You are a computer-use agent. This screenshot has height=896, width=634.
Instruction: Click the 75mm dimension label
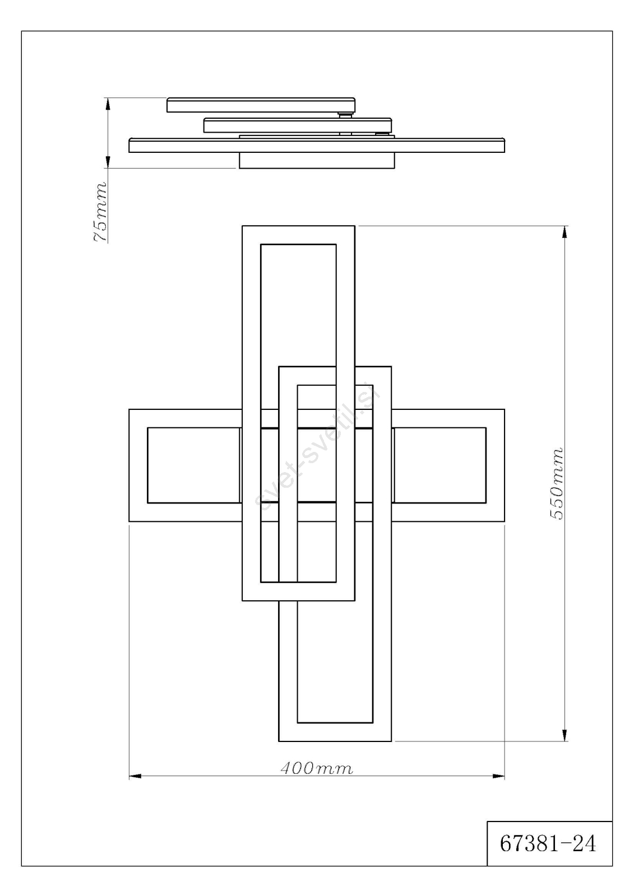(x=100, y=212)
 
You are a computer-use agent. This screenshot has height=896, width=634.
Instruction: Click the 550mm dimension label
(x=556, y=484)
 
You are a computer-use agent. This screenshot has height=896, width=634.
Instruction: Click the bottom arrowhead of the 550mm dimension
(x=564, y=735)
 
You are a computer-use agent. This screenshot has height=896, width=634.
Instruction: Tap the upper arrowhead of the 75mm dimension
(x=107, y=104)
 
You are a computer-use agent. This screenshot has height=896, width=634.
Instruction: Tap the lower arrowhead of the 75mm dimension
(x=107, y=162)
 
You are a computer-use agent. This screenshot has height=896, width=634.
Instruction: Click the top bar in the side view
(x=261, y=105)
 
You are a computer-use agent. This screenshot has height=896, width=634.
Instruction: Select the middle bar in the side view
(x=298, y=125)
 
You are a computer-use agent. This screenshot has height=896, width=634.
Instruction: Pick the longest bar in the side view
(x=317, y=145)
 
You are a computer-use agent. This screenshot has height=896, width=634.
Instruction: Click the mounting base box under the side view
(x=317, y=161)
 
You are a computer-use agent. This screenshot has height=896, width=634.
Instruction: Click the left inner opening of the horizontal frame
(x=194, y=465)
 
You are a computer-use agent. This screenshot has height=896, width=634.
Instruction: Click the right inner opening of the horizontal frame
(x=439, y=465)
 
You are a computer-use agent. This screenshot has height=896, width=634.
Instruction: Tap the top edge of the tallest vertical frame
(x=298, y=226)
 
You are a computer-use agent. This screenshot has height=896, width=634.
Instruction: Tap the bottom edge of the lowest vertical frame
(x=335, y=741)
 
